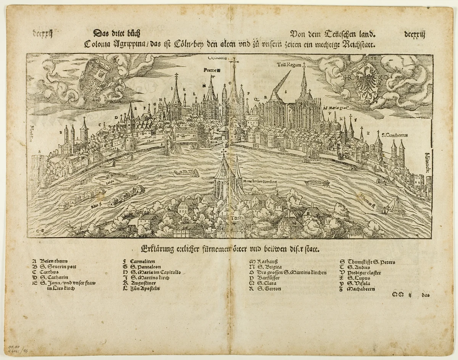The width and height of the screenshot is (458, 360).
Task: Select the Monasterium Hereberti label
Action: tap(260, 182)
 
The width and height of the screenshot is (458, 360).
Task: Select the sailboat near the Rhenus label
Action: tap(395, 207)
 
